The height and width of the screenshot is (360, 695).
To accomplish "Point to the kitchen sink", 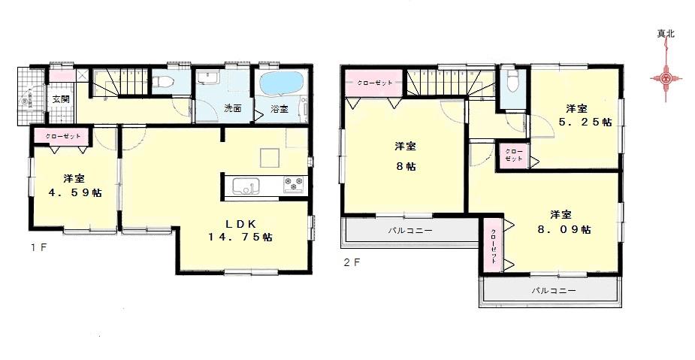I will click(246, 186).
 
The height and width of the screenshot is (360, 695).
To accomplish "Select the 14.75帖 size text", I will click(241, 236).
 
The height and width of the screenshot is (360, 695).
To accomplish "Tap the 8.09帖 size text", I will click(560, 229).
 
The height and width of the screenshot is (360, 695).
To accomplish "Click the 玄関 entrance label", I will click(61, 98).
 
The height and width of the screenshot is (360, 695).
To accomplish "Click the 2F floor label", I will click(352, 263).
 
